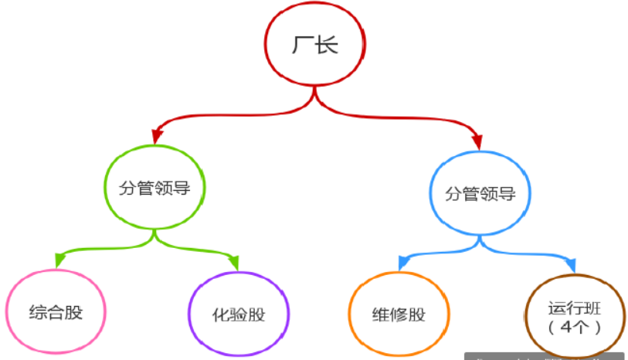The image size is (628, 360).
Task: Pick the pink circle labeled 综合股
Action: [56, 313]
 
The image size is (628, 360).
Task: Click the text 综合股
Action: [56, 313]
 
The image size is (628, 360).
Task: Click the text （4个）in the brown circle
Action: [574, 326]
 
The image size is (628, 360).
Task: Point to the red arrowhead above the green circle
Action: [156, 138]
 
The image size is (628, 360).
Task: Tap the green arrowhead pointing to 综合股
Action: [60, 262]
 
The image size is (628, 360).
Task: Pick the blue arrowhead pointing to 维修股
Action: [403, 264]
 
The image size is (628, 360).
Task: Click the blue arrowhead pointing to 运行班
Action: [571, 267]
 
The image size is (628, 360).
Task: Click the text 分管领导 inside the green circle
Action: [154, 188]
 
